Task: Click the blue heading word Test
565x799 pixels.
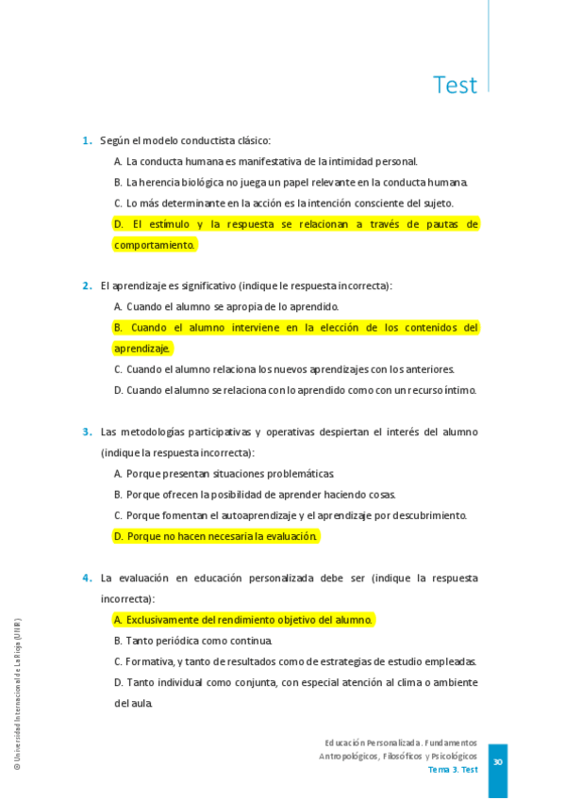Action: (455, 86)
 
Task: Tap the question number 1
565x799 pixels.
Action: (86, 141)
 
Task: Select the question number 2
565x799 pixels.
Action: (86, 285)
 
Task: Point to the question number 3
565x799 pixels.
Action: (86, 432)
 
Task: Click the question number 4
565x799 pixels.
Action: (86, 579)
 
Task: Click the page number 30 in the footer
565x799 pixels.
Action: (497, 761)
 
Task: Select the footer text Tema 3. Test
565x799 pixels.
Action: (453, 770)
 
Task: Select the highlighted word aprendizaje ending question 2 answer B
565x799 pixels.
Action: (142, 349)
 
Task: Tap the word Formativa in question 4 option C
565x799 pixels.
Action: (149, 661)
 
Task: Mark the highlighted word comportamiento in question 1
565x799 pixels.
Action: (154, 245)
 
